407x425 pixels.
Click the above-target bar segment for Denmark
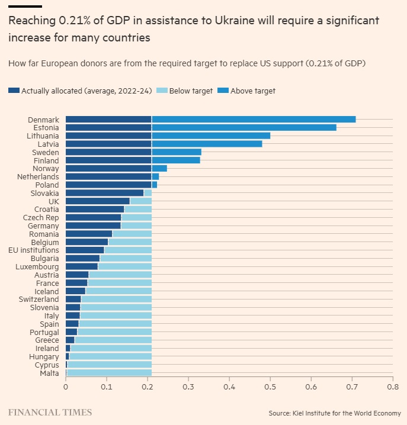coord(254,120)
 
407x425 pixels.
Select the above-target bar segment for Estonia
coord(244,127)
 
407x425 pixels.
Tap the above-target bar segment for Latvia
coord(207,144)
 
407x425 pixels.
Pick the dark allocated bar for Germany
coord(93,226)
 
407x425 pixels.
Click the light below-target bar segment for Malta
coord(109,372)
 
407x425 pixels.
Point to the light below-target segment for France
coord(119,283)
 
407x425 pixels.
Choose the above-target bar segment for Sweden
coord(177,152)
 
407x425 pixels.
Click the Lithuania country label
coord(43,136)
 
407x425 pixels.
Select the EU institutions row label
coord(34,250)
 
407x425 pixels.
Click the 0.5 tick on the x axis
coord(270,387)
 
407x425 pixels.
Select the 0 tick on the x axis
coord(66,387)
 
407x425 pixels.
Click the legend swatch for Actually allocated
coord(14,91)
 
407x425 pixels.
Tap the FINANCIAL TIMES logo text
coord(50,411)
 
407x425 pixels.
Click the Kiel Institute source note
coord(334,413)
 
